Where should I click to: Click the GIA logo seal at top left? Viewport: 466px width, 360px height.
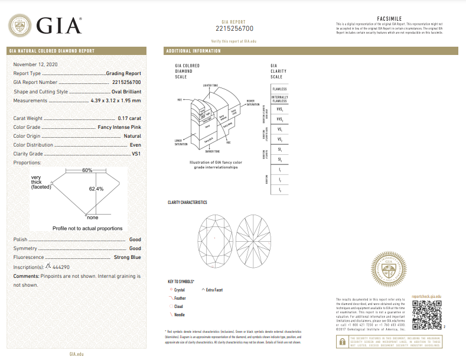[x=20, y=26]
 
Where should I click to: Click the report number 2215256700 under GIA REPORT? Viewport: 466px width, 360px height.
[x=234, y=28]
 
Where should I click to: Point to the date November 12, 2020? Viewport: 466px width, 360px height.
[x=36, y=64]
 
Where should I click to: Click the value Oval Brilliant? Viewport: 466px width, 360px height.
[x=125, y=92]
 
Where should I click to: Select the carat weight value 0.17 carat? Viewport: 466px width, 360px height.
[x=129, y=118]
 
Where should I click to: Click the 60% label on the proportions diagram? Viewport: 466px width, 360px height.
[x=87, y=170]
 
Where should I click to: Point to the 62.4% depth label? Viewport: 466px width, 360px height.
[x=96, y=189]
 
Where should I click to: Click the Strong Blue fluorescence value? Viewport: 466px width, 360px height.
[x=127, y=258]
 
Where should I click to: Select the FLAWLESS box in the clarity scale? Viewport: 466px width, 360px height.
[x=280, y=89]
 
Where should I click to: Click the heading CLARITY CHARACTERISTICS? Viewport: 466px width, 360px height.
[x=187, y=203]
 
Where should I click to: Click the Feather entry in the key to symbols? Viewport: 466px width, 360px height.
[x=180, y=299]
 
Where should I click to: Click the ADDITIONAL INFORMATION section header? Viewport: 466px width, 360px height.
[x=194, y=51]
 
